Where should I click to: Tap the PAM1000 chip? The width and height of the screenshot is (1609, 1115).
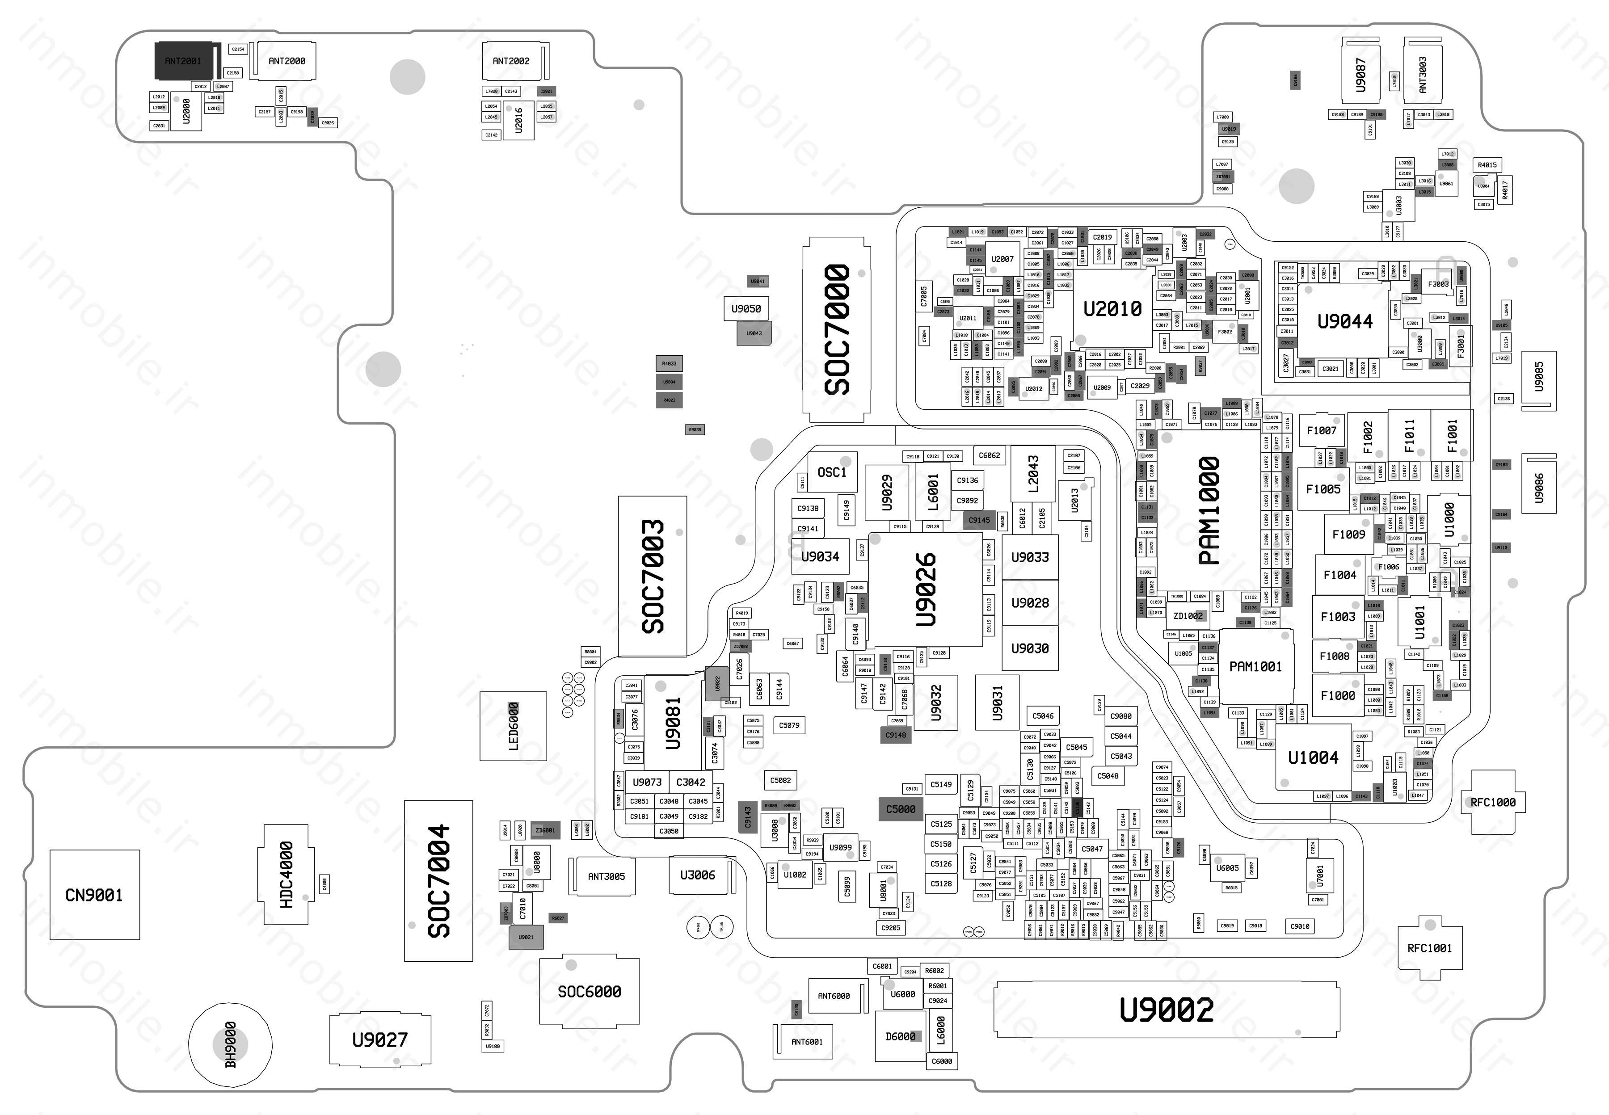pyautogui.click(x=1209, y=510)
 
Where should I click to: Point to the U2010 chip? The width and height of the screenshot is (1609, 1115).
pyautogui.click(x=1112, y=308)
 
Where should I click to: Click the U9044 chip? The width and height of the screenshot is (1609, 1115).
pyautogui.click(x=1344, y=321)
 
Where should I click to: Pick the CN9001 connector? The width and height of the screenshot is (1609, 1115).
pyautogui.click(x=94, y=895)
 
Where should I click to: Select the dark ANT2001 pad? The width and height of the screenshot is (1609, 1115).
pyautogui.click(x=183, y=61)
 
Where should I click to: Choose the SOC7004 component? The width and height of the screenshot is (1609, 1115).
pyautogui.click(x=438, y=880)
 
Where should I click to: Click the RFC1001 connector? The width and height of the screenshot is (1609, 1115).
pyautogui.click(x=1429, y=948)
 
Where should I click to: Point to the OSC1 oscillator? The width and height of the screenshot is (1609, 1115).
pyautogui.click(x=831, y=472)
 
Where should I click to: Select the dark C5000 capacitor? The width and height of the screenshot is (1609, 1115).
pyautogui.click(x=901, y=809)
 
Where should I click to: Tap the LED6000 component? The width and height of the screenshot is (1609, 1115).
pyautogui.click(x=513, y=726)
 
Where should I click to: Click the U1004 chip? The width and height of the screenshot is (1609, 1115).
pyautogui.click(x=1313, y=757)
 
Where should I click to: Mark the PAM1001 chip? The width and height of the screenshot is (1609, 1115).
pyautogui.click(x=1255, y=666)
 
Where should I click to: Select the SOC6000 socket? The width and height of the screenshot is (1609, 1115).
pyautogui.click(x=589, y=991)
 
